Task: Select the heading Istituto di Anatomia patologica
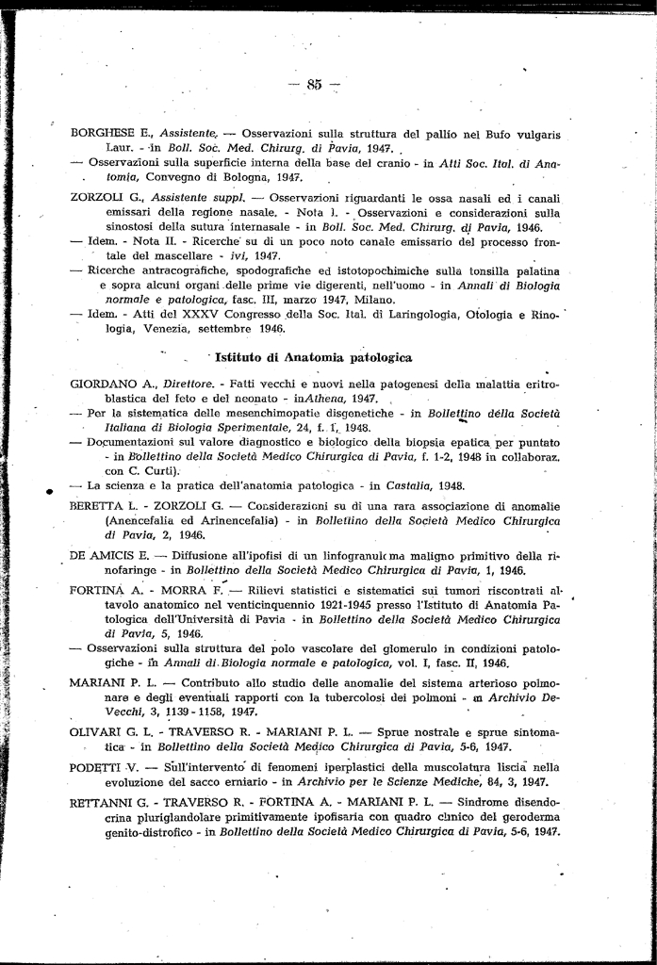point(313,358)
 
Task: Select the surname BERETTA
point(96,506)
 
